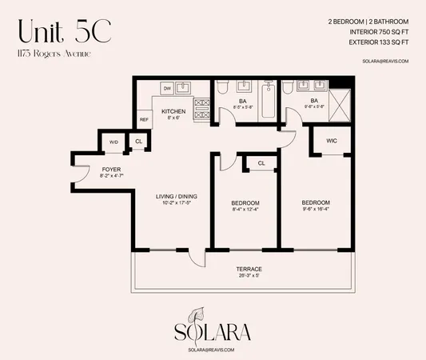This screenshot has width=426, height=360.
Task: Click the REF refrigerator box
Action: pyautogui.click(x=144, y=119)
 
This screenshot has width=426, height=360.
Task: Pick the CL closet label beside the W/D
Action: pyautogui.click(x=138, y=142)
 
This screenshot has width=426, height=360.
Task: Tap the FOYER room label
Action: pyautogui.click(x=111, y=169)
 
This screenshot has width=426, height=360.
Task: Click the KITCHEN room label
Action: pyautogui.click(x=173, y=111)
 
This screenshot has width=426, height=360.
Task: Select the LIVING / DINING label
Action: pyautogui.click(x=177, y=197)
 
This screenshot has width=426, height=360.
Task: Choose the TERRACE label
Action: pyautogui.click(x=249, y=268)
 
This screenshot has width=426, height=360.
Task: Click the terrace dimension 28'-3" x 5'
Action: pyautogui.click(x=249, y=275)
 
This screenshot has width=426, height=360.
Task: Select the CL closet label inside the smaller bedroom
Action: pyautogui.click(x=261, y=163)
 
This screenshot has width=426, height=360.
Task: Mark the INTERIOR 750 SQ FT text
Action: pyautogui.click(x=379, y=32)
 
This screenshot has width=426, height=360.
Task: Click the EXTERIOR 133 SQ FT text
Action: pyautogui.click(x=378, y=43)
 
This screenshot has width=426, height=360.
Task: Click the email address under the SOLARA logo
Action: pyautogui.click(x=213, y=350)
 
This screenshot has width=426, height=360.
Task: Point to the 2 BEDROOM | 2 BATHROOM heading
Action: pyautogui.click(x=374, y=21)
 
